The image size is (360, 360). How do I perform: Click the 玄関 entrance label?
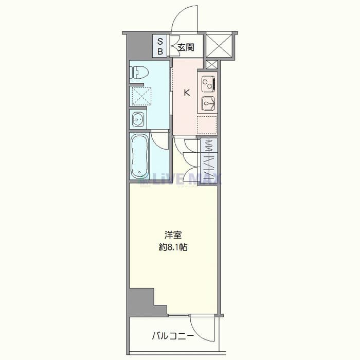point(186,47)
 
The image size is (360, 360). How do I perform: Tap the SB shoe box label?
point(160,47)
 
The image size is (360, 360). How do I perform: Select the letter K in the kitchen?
point(187,93)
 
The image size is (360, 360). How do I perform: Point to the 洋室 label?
point(173,235)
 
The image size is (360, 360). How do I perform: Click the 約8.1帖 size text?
point(173,247)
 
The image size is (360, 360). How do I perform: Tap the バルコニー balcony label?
point(173,336)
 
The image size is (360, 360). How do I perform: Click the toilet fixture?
point(139,73)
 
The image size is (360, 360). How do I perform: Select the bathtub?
point(140,156)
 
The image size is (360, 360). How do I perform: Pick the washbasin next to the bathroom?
point(138,119)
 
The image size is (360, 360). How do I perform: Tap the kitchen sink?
point(208,104)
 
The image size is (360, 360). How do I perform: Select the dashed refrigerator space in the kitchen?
point(207,125)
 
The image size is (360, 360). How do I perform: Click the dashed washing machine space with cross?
point(140,96)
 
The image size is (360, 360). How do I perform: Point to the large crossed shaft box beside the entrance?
point(219,45)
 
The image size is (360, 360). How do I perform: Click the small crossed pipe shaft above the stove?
point(212,64)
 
